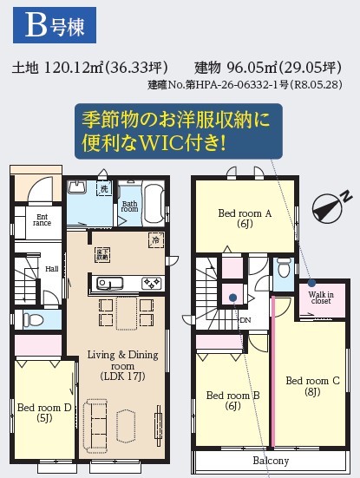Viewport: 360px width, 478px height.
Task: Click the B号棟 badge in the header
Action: (55, 25)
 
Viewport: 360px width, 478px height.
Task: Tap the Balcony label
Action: (271, 461)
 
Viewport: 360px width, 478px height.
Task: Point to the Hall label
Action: (51, 269)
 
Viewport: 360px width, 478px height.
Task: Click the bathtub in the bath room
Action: (154, 203)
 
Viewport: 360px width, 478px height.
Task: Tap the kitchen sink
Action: (110, 284)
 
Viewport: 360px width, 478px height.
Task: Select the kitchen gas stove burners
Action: (151, 283)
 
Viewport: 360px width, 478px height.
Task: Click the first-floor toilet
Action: (34, 319)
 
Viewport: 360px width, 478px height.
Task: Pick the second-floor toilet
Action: (284, 267)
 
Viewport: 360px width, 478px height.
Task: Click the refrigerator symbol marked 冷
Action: (156, 240)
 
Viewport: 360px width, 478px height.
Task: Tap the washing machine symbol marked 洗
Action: (104, 189)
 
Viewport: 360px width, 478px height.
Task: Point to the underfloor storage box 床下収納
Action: (102, 255)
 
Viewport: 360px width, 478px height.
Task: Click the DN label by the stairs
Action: (245, 320)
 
